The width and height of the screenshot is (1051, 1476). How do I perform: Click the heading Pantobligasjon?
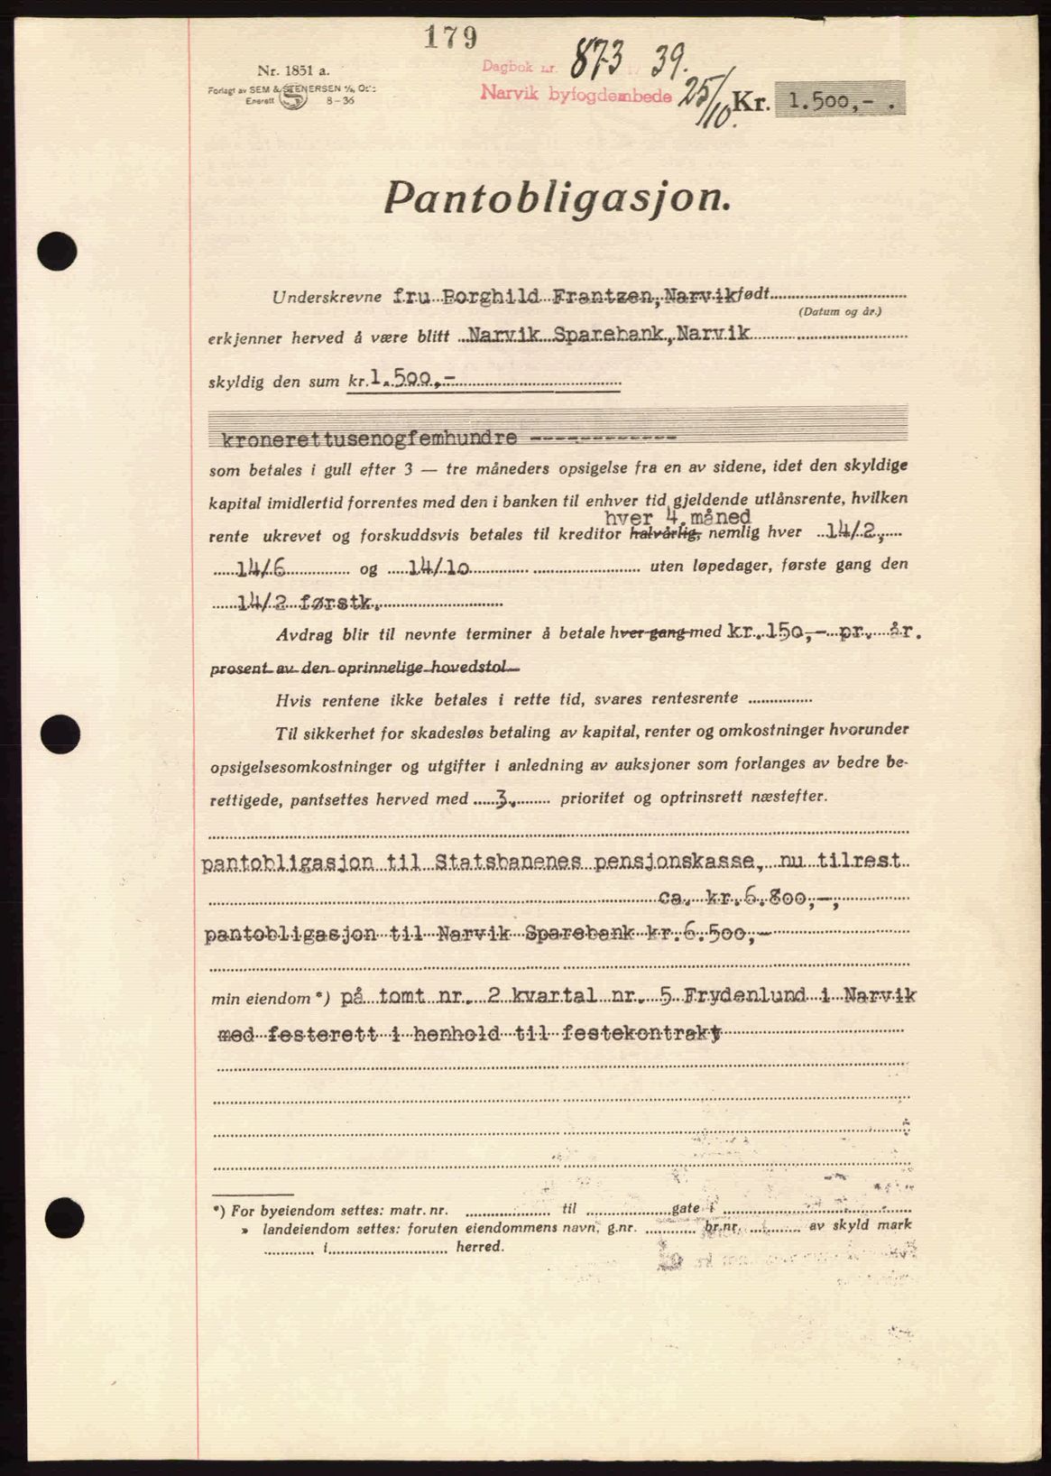coord(557,197)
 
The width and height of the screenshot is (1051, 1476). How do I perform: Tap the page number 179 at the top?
coord(449,37)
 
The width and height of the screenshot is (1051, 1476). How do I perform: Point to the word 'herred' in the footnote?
coord(478,1246)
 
